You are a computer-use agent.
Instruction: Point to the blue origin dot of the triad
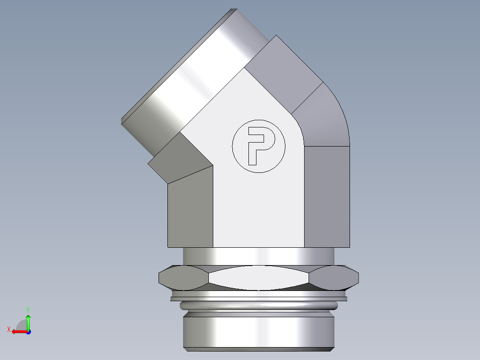coord(28,331)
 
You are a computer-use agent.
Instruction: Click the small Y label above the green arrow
coord(28,309)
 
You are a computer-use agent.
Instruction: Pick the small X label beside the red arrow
coord(9,329)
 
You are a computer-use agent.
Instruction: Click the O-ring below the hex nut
coord(258,306)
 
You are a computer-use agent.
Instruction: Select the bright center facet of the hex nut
coord(258,278)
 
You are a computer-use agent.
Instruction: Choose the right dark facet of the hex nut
coord(335,278)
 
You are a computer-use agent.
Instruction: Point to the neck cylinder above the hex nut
coord(258,256)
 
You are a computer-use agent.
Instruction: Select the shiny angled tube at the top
coord(187,76)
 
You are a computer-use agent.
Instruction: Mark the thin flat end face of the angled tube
coord(178,62)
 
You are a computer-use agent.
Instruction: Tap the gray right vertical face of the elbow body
coord(327,196)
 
